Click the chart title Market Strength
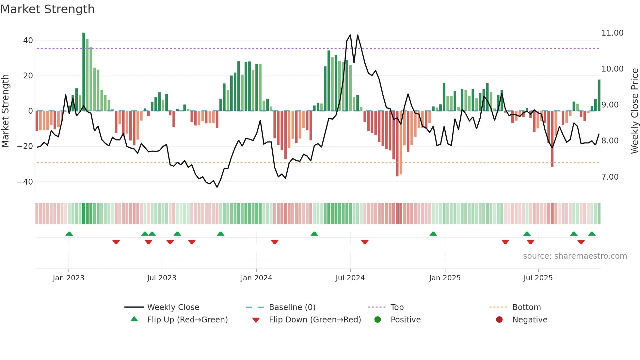[47, 9]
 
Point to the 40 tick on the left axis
[28, 41]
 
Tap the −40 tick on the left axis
[25, 182]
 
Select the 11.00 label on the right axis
[612, 33]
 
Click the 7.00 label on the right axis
[610, 177]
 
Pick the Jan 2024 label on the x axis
[256, 278]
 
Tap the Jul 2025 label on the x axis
[538, 278]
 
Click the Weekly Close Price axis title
[634, 111]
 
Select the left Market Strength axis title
[5, 111]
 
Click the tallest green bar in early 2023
[84, 72]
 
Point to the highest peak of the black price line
[350, 35]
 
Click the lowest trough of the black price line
[217, 187]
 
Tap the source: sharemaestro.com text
[575, 256]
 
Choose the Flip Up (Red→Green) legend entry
[187, 320]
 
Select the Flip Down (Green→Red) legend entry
[314, 320]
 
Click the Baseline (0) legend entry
[292, 307]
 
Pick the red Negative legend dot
[499, 320]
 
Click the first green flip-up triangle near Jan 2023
[69, 234]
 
